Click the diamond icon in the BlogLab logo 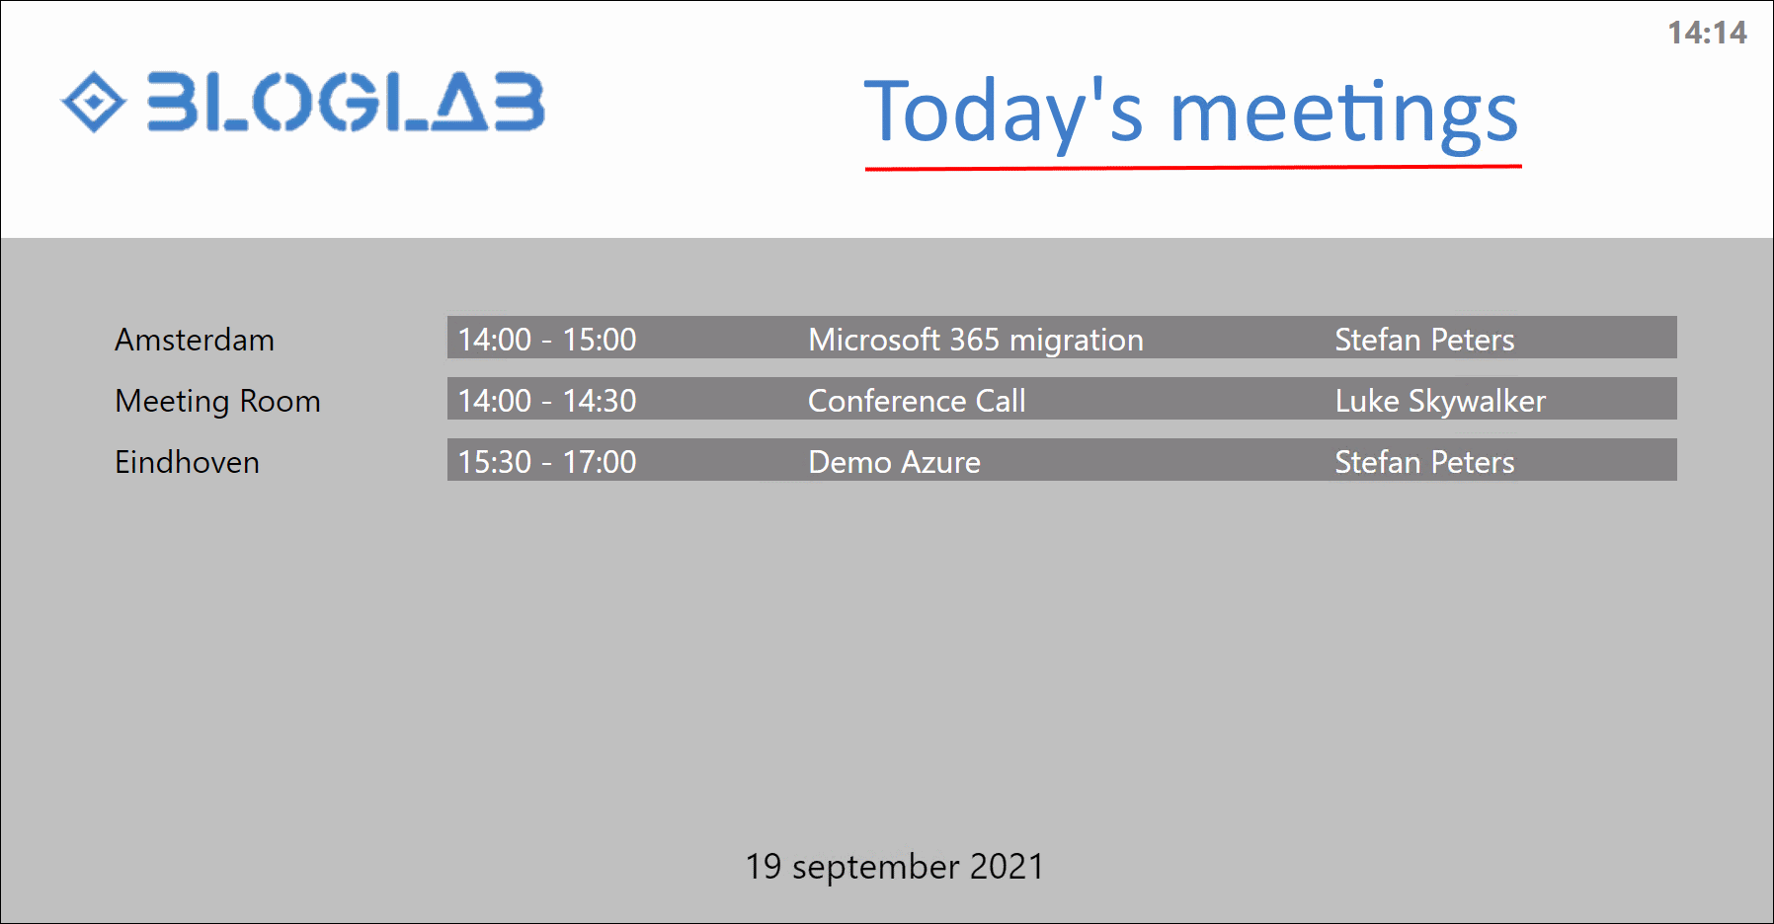coord(94,102)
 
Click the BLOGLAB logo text coord(346,102)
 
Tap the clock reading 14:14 coord(1707,33)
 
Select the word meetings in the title coord(1344,115)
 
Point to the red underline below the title coord(1193,168)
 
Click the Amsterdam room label coord(195,340)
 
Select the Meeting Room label coord(217,401)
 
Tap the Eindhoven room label coord(187,462)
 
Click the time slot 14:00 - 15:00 coord(547,340)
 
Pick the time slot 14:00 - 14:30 coord(547,401)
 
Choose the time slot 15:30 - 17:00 coord(547,462)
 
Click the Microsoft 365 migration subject coord(976,341)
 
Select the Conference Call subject coord(917,401)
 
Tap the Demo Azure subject coord(895,462)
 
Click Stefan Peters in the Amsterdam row coord(1424,340)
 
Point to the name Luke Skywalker coord(1440,402)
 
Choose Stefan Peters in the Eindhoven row coord(1424,462)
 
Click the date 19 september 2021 coord(895,867)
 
